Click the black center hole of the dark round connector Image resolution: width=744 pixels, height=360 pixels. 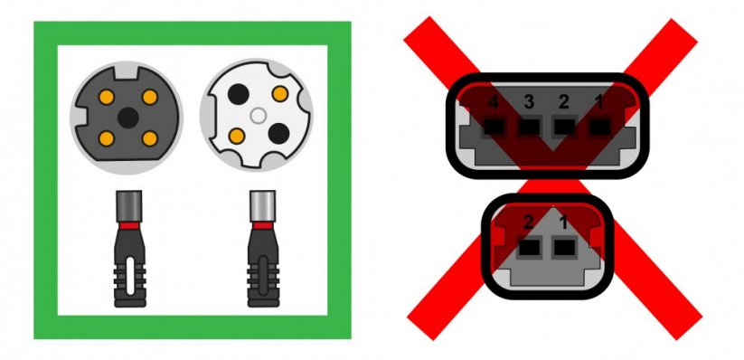pyautogui.click(x=127, y=118)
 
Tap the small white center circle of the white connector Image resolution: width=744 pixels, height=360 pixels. pyautogui.click(x=258, y=116)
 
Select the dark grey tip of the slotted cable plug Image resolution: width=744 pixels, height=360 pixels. pyautogui.click(x=129, y=206)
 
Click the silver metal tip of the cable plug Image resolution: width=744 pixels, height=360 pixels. pyautogui.click(x=262, y=206)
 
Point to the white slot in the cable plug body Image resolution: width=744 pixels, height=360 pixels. pyautogui.click(x=130, y=277)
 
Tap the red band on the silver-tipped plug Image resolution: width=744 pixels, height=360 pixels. pyautogui.click(x=262, y=225)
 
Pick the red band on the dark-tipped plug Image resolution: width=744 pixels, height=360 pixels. pyautogui.click(x=129, y=225)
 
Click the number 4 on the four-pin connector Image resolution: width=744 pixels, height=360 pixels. pyautogui.click(x=494, y=102)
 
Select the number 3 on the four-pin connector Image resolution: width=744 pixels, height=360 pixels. pyautogui.click(x=529, y=102)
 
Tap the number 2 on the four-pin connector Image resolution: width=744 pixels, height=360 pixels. pyautogui.click(x=564, y=102)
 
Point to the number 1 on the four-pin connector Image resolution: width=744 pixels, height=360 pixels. pyautogui.click(x=599, y=102)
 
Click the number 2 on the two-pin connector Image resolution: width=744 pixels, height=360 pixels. pyautogui.click(x=528, y=223)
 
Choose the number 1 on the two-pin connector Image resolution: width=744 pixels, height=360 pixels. pyautogui.click(x=564, y=223)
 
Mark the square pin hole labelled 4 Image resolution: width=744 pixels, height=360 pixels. pyautogui.click(x=494, y=127)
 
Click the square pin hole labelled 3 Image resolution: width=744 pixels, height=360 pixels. pyautogui.click(x=530, y=127)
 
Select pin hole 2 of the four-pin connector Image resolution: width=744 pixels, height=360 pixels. pyautogui.click(x=565, y=127)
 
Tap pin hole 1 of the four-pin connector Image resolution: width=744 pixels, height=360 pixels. pyautogui.click(x=600, y=127)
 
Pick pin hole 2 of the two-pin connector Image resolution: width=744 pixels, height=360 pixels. pyautogui.click(x=530, y=248)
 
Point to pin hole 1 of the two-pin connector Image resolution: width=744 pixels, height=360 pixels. pyautogui.click(x=565, y=248)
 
